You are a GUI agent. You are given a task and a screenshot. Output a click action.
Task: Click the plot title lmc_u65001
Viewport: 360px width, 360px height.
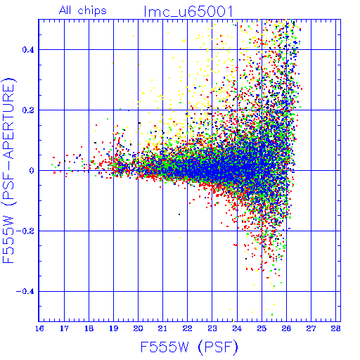188,11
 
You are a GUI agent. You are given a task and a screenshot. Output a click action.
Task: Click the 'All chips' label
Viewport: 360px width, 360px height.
83,11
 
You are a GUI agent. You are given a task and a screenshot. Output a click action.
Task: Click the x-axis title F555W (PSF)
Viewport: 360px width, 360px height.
189,347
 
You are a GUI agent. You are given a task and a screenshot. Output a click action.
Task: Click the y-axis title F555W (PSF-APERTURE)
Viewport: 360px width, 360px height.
8,170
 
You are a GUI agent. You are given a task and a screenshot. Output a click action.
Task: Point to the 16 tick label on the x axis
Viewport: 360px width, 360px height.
39,328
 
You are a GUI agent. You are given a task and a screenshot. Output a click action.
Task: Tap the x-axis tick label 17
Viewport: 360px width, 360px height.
64,328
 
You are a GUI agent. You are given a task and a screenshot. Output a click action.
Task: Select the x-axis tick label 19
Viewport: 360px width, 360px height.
113,328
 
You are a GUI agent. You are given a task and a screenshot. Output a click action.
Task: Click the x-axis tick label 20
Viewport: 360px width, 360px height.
138,328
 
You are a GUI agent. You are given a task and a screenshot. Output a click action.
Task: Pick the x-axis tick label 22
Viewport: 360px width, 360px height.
187,328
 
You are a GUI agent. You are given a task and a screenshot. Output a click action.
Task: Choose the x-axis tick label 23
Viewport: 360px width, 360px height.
212,328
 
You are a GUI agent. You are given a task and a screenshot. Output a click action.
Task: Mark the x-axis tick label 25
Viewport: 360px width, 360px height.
262,328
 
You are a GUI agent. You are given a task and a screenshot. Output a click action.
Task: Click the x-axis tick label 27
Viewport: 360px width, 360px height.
311,328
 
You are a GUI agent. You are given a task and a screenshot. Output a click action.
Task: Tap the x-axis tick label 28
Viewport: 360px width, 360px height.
335,328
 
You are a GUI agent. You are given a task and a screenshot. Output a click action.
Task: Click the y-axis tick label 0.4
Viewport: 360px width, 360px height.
28,50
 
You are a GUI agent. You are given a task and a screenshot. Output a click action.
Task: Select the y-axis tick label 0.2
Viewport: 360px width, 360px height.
28,110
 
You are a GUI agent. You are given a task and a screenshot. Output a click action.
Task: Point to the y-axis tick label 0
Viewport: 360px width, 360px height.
32,171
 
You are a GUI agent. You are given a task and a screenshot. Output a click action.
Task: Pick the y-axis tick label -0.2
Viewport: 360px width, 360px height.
25,231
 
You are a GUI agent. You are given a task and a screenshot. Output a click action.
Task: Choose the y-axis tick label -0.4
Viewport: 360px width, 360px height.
25,292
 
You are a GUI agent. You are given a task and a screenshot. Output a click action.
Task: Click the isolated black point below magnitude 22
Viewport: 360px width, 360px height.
179,214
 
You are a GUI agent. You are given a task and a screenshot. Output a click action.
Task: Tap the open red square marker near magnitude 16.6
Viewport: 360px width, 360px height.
54,173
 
